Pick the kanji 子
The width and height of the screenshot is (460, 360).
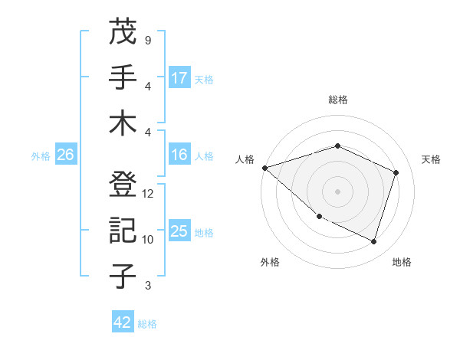(x=124, y=277)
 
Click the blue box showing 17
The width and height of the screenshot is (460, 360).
(x=179, y=77)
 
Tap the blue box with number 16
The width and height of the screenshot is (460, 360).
(x=179, y=155)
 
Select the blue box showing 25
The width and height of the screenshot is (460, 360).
(x=179, y=232)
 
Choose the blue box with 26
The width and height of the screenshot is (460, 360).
(x=65, y=155)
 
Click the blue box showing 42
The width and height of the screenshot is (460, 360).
(x=123, y=322)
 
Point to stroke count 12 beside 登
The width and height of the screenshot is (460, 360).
(x=148, y=194)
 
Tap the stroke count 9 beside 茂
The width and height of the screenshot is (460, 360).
(x=147, y=40)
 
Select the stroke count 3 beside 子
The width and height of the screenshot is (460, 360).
(x=147, y=286)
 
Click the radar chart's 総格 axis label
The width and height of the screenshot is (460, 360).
(x=337, y=100)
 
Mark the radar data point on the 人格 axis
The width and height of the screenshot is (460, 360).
(x=264, y=167)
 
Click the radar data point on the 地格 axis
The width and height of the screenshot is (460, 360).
(x=374, y=242)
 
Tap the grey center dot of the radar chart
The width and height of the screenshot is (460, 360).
(x=337, y=191)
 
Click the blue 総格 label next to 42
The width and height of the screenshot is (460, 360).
(x=147, y=323)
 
